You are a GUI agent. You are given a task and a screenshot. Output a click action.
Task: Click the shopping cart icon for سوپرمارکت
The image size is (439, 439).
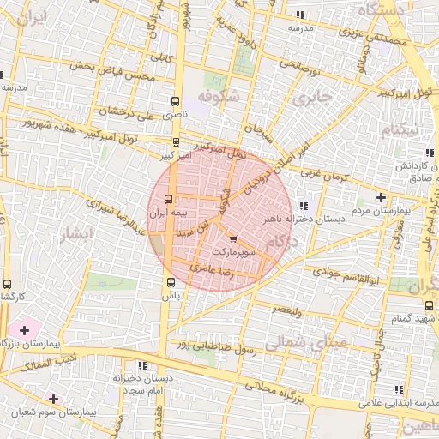coord(235,238)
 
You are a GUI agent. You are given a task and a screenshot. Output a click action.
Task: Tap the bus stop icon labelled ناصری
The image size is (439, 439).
coord(176,99)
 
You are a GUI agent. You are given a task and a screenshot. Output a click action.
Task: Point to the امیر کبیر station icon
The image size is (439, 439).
coord(176,142)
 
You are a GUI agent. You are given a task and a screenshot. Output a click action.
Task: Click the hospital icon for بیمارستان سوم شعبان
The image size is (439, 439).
coord(53,399)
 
